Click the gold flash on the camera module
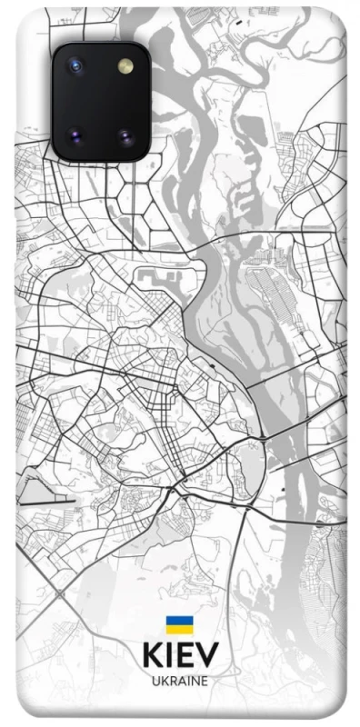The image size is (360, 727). (124, 66)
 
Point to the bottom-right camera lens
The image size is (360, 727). (124, 137)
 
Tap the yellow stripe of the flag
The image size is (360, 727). (179, 629)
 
